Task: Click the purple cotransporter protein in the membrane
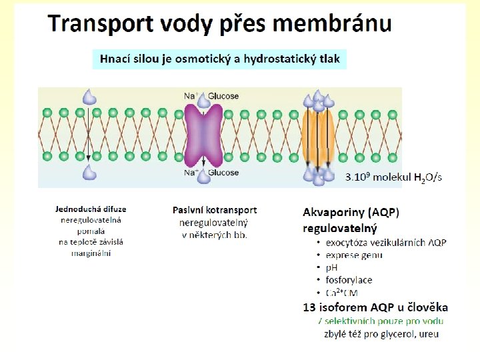click(204, 133)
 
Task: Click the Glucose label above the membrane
click(223, 96)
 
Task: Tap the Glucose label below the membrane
click(223, 173)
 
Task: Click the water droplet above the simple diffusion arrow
click(89, 98)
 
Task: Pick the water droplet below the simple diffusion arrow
click(89, 173)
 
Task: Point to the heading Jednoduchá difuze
click(91, 209)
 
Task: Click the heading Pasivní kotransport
click(214, 210)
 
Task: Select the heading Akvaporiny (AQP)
click(351, 213)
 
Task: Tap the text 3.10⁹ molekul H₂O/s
click(393, 177)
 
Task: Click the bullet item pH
click(331, 267)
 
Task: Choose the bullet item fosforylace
click(349, 280)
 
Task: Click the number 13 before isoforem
click(309, 307)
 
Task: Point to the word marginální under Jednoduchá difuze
click(91, 253)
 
